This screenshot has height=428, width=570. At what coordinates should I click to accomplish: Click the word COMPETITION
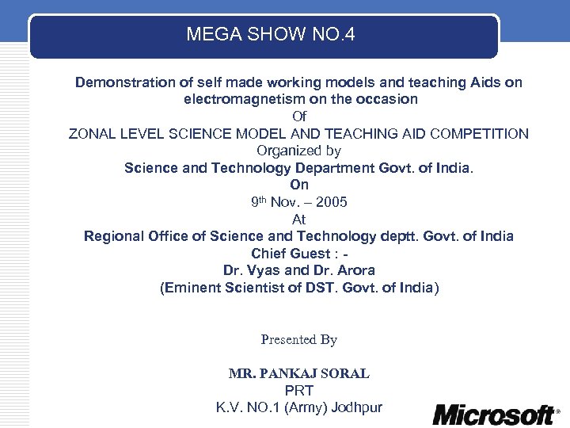481,134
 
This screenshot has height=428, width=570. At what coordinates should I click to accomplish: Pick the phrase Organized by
298,151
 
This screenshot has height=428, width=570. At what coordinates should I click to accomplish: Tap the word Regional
113,236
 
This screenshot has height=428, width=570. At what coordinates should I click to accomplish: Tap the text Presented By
299,340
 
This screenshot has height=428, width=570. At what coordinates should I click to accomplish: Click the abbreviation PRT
298,391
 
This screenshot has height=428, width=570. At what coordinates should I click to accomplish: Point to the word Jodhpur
356,408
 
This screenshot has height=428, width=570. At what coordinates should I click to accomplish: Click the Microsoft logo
494,414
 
